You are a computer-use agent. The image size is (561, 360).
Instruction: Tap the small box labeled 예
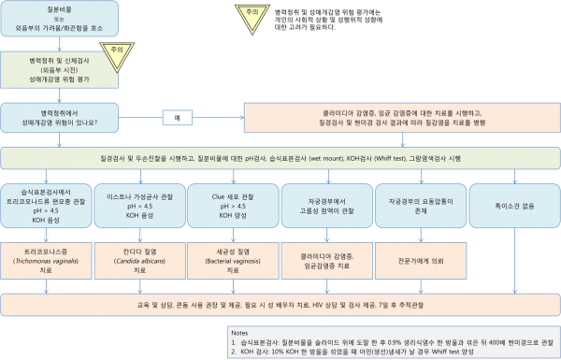[178, 118]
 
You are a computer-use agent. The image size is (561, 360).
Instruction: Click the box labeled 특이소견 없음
[511, 198]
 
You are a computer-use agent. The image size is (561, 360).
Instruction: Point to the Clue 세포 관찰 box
[231, 204]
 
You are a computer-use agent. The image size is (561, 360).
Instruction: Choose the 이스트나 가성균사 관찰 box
[137, 204]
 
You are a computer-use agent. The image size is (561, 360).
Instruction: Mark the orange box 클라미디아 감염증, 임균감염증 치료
[322, 257]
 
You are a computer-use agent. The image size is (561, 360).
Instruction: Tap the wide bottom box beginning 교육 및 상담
[280, 305]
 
